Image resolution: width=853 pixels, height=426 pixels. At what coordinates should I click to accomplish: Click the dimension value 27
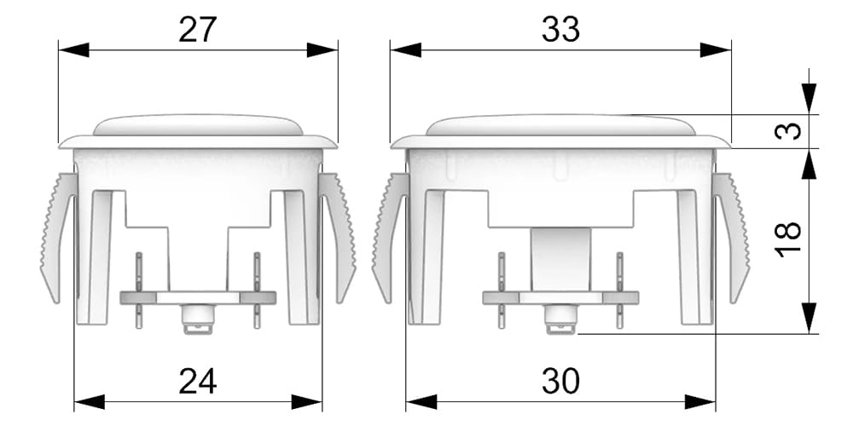(x=197, y=31)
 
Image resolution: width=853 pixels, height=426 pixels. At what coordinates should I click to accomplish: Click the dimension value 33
(x=560, y=31)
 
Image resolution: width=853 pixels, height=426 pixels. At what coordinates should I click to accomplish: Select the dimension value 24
(x=197, y=381)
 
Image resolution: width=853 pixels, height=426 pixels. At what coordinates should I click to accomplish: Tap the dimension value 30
(x=560, y=381)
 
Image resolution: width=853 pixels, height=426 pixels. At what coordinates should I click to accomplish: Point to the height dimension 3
(x=792, y=131)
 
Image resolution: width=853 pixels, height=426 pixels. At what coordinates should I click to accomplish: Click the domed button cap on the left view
(x=198, y=125)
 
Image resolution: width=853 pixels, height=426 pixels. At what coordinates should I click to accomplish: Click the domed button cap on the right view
(x=560, y=125)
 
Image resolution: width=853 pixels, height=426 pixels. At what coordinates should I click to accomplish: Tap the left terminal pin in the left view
(x=139, y=290)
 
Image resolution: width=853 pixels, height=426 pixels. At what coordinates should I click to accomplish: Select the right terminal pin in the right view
(x=620, y=290)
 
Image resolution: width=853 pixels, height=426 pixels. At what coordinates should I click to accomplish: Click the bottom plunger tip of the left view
(x=198, y=320)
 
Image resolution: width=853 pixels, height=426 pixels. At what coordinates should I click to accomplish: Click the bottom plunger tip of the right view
(x=560, y=320)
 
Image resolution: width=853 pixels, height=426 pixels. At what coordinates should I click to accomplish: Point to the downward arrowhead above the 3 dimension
(x=809, y=99)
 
